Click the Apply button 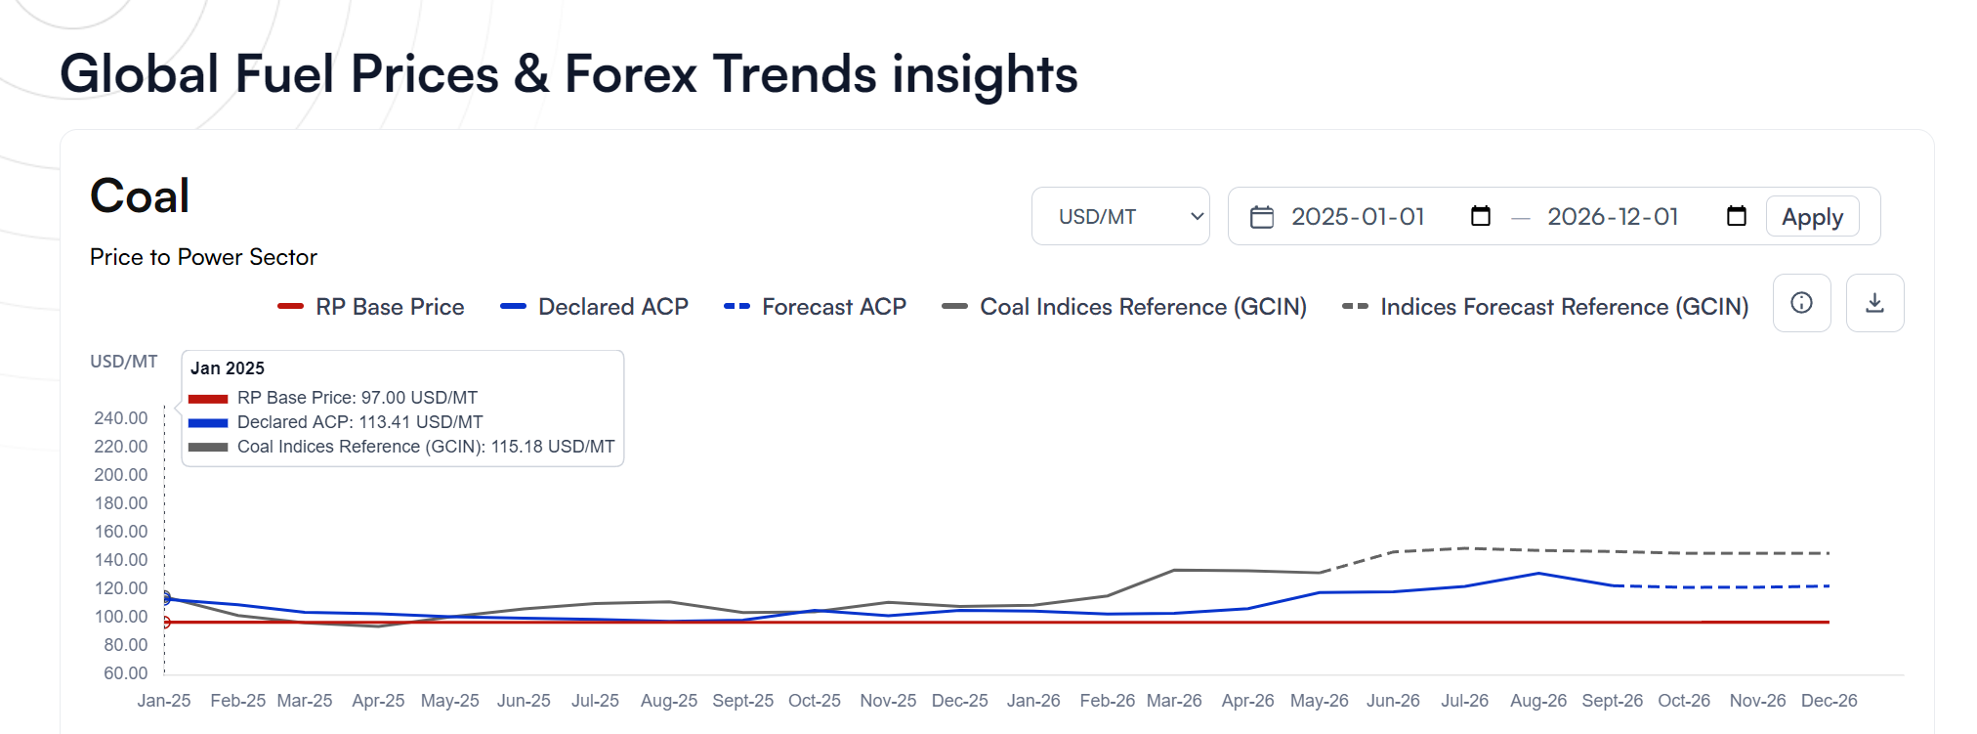[x=1812, y=216]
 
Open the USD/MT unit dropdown [x=1120, y=216]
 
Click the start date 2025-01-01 [x=1358, y=216]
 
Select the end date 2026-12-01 [x=1613, y=216]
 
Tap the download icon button [x=1874, y=303]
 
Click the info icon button [x=1801, y=303]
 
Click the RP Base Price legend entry [x=371, y=307]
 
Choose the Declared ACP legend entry [x=594, y=307]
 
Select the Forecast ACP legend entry [x=815, y=307]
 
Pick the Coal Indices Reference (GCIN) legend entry [x=1124, y=307]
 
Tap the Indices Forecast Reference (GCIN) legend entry [x=1545, y=307]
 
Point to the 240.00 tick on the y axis [x=121, y=418]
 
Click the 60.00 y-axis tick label [x=126, y=673]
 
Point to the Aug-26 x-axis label [x=1538, y=701]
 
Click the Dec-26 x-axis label [x=1830, y=701]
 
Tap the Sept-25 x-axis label [x=742, y=701]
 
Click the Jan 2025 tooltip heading [x=228, y=368]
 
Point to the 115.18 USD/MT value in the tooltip [x=553, y=447]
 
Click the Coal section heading [x=140, y=195]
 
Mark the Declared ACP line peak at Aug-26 [x=1538, y=574]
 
